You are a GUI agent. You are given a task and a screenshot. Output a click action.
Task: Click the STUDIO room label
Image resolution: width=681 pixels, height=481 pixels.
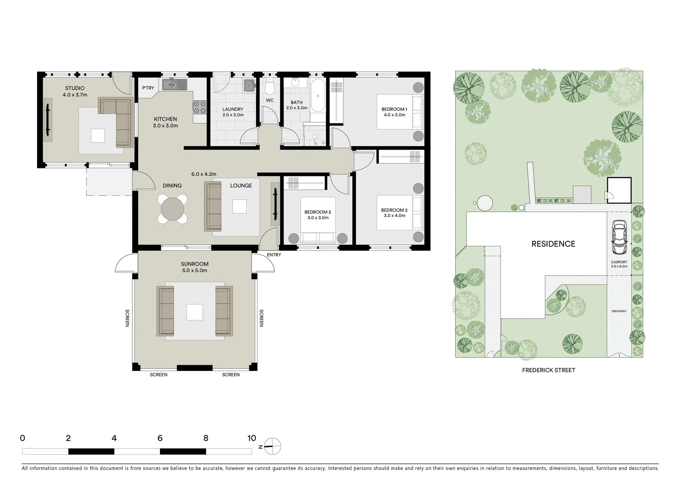[x=74, y=88]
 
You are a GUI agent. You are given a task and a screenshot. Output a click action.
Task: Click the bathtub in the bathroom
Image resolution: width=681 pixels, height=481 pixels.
[x=318, y=95]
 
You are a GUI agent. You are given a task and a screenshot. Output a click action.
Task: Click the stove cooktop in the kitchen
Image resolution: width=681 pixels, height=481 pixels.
[x=199, y=106]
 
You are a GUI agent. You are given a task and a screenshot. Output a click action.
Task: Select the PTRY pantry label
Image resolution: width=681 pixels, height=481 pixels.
[x=148, y=88]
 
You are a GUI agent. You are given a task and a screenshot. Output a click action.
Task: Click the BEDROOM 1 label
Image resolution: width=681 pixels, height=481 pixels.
[x=394, y=109]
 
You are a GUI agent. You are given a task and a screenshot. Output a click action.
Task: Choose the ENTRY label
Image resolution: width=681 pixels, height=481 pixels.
[x=274, y=255]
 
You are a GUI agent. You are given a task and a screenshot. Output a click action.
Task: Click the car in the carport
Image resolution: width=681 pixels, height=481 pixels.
[x=619, y=237]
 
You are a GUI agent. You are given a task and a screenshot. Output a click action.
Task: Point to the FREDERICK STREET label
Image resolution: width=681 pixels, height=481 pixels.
[x=548, y=370]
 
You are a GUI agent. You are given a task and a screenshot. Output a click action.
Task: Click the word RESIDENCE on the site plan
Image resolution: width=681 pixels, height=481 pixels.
[x=553, y=244]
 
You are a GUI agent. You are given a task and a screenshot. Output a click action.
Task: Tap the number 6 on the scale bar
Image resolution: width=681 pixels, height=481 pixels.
[x=160, y=438]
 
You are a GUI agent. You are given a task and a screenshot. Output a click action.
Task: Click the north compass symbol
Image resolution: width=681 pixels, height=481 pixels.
[x=273, y=445]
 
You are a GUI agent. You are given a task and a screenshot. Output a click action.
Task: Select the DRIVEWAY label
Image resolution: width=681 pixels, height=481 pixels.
[x=619, y=311]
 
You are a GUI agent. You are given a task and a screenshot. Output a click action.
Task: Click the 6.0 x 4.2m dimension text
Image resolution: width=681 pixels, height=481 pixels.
[x=204, y=174]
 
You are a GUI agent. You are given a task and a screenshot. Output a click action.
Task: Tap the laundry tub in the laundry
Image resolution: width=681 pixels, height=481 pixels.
[x=249, y=86]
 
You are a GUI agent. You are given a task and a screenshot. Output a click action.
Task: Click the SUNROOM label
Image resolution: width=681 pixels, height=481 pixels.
[x=194, y=264]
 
